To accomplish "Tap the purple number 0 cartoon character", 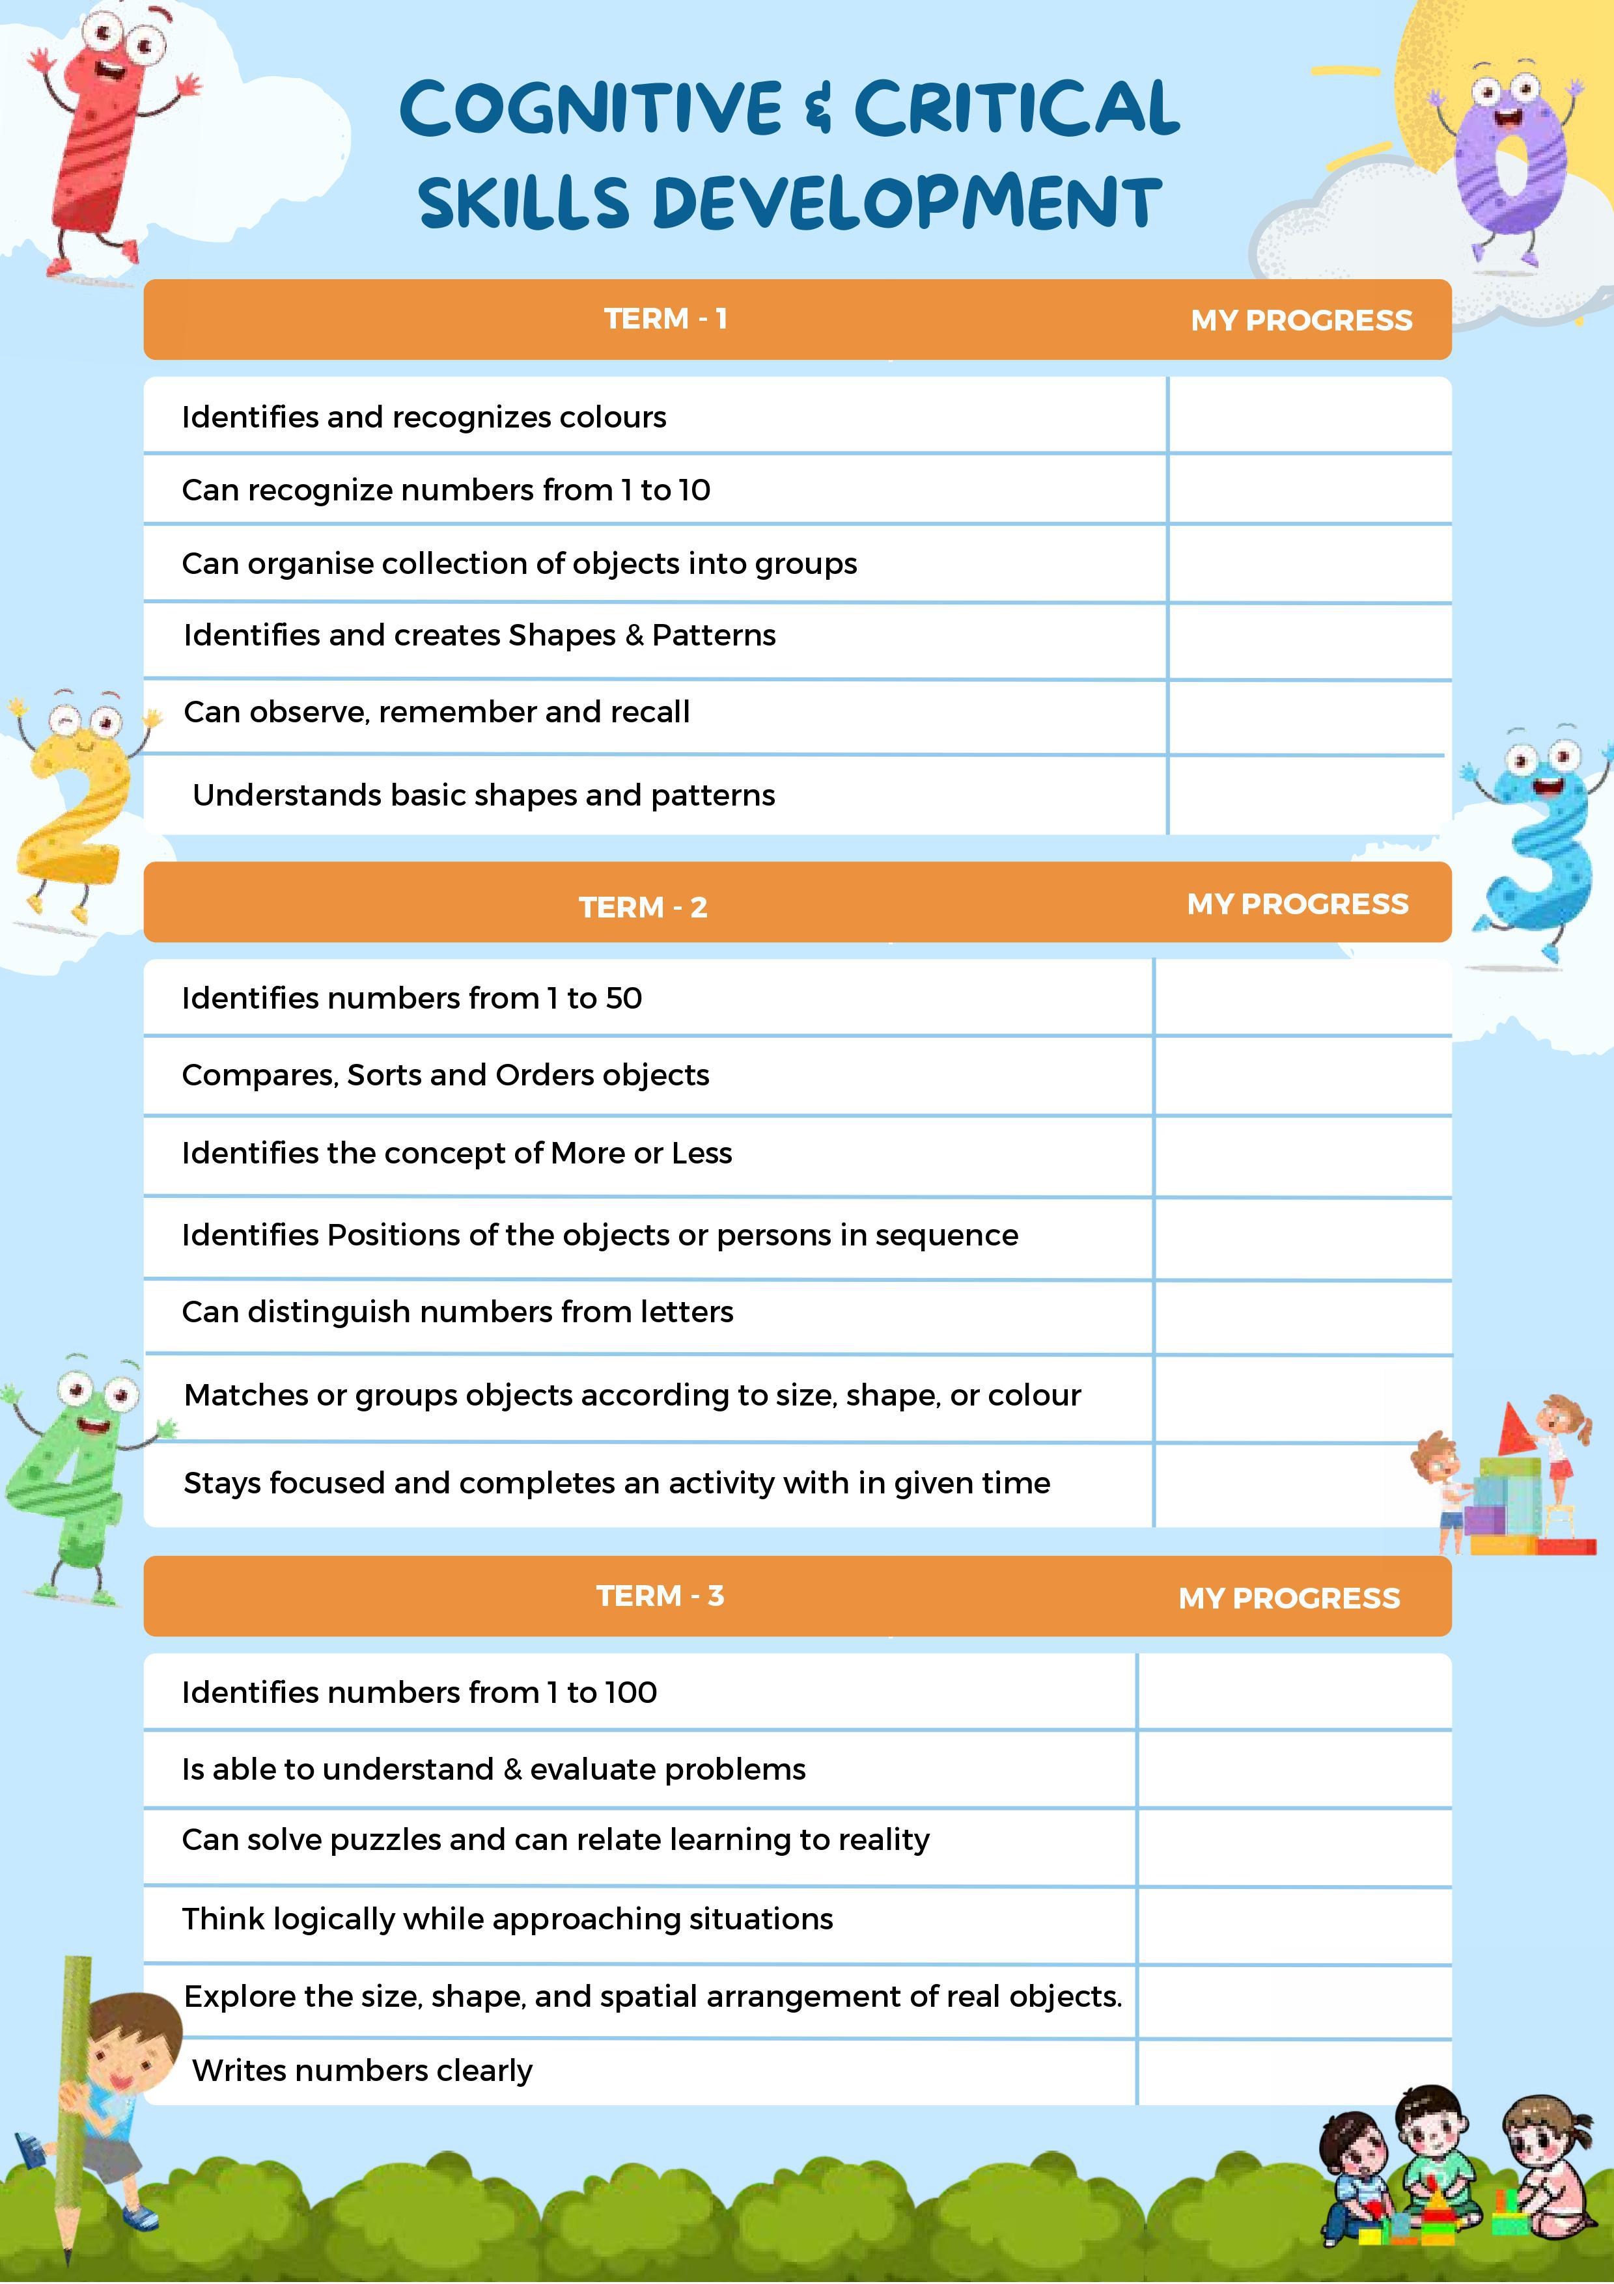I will pyautogui.click(x=1507, y=159).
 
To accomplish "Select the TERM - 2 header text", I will pyautogui.click(x=643, y=907).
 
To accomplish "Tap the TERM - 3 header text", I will pyautogui.click(x=660, y=1596).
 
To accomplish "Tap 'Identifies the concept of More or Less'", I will pyautogui.click(x=457, y=1153).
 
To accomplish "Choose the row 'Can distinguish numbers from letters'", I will pyautogui.click(x=457, y=1312).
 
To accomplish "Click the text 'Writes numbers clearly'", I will pyautogui.click(x=362, y=2070).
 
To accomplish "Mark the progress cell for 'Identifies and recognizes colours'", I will pyautogui.click(x=1309, y=416).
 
